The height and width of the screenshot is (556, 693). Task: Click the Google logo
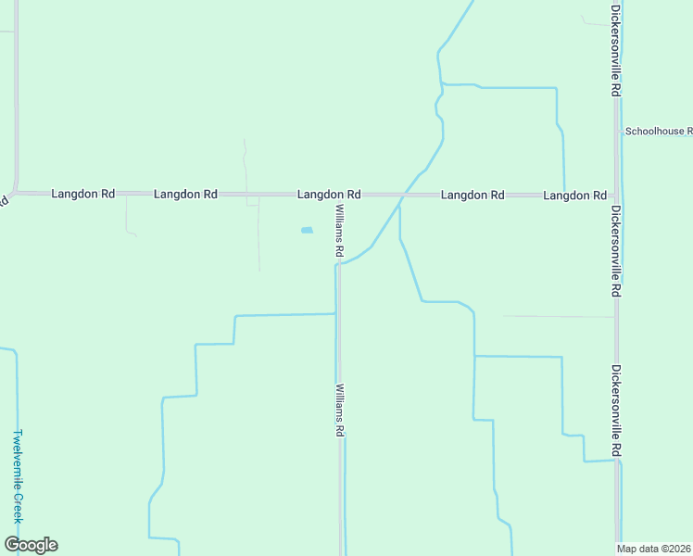pyautogui.click(x=31, y=544)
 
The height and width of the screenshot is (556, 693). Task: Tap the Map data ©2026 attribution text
pyautogui.click(x=654, y=549)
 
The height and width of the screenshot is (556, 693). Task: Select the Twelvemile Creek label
pyautogui.click(x=17, y=476)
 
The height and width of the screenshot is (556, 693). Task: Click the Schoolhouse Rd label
pyautogui.click(x=658, y=132)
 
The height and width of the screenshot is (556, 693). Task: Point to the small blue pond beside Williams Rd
pyautogui.click(x=307, y=230)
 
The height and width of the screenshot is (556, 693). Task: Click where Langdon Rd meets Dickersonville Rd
pyautogui.click(x=616, y=196)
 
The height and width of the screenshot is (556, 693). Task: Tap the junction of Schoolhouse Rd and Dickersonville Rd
pyautogui.click(x=617, y=132)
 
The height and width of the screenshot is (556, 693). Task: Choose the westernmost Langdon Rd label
pyautogui.click(x=83, y=195)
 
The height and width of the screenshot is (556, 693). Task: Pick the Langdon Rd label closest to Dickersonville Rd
pyautogui.click(x=574, y=196)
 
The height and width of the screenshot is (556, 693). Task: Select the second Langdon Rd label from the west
pyautogui.click(x=185, y=195)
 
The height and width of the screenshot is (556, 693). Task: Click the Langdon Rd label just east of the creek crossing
pyautogui.click(x=472, y=196)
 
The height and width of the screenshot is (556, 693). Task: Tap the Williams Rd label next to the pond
pyautogui.click(x=340, y=231)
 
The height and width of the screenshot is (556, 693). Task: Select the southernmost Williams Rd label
pyautogui.click(x=340, y=410)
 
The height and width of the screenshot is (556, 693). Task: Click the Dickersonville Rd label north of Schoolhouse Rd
pyautogui.click(x=615, y=51)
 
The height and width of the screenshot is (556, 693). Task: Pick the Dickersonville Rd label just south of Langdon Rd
pyautogui.click(x=615, y=250)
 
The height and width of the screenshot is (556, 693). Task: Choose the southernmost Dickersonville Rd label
pyautogui.click(x=615, y=410)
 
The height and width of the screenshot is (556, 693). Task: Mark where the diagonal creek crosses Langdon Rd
pyautogui.click(x=404, y=196)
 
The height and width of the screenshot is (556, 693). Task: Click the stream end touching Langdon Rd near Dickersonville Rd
pyautogui.click(x=564, y=193)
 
